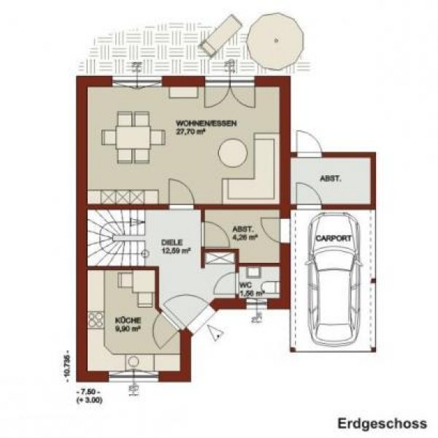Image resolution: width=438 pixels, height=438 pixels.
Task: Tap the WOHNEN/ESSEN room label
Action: click(207, 123)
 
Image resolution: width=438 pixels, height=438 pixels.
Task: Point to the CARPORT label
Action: click(333, 239)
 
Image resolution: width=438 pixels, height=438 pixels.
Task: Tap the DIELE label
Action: click(172, 242)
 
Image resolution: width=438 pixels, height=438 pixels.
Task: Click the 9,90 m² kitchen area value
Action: click(127, 328)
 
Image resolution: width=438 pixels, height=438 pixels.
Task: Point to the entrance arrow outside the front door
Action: click(215, 334)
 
